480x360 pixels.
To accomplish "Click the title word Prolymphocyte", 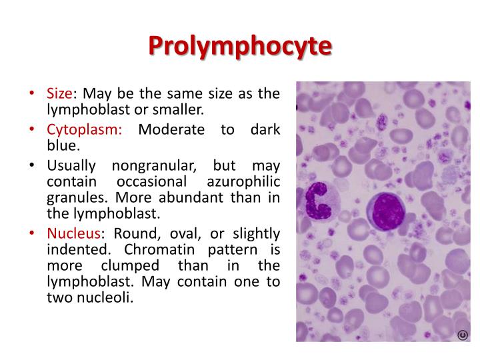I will (239, 45).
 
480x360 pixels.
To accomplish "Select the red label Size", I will (59, 93).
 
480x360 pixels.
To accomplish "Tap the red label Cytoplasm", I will (84, 129).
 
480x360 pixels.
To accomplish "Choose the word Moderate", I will (171, 129).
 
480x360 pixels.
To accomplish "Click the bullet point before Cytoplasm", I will (32, 129).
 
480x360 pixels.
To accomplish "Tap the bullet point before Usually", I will (32, 165).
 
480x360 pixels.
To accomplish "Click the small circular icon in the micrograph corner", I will (462, 335).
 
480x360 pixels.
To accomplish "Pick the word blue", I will (59, 145).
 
